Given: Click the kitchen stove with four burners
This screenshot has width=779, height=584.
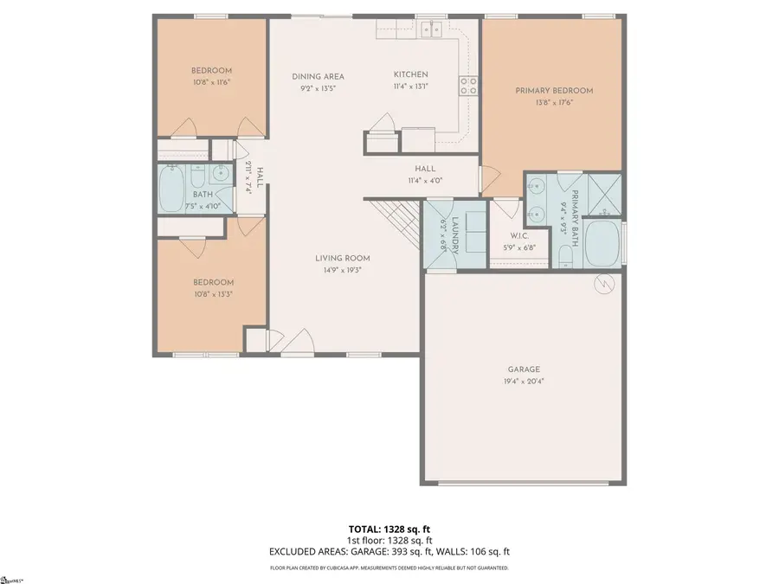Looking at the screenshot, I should click(x=469, y=86).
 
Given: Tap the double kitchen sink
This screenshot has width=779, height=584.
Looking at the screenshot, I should click(x=430, y=31).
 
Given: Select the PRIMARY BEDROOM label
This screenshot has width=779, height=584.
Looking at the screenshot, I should click(x=554, y=91).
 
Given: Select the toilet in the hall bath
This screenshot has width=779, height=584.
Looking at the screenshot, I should click(x=196, y=179).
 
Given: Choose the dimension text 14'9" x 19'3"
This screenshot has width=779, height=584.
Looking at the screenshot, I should click(x=341, y=269).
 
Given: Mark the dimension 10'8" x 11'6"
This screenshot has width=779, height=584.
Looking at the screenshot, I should click(x=212, y=82).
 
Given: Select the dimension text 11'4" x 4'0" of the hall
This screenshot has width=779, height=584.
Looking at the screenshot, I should click(x=424, y=181).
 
